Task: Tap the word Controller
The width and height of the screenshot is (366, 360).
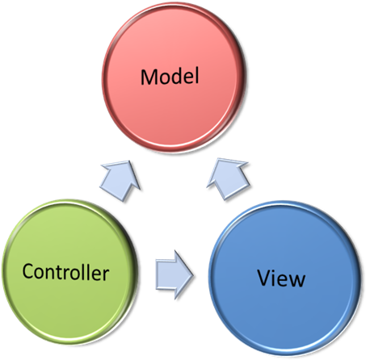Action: click(65, 271)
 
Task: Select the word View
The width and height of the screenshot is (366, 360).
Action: click(281, 279)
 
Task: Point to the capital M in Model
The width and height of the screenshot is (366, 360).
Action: click(149, 77)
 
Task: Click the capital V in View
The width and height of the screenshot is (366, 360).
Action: click(264, 279)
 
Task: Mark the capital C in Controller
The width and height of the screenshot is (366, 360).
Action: click(27, 271)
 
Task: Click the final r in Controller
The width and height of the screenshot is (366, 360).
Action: click(106, 273)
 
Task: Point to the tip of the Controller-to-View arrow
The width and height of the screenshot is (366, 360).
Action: click(193, 272)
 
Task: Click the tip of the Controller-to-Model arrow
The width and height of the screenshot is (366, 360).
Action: click(129, 161)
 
